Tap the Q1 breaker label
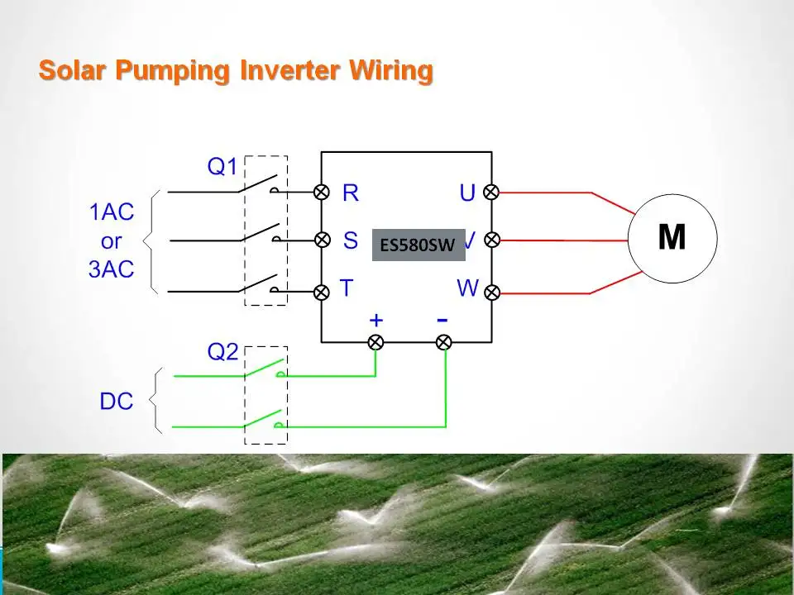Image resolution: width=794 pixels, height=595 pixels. [222, 167]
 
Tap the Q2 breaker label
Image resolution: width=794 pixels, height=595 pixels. [222, 353]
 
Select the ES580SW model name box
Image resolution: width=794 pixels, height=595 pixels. [419, 245]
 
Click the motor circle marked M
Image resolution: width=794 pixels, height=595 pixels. [672, 239]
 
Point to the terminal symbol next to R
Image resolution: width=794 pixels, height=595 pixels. [322, 192]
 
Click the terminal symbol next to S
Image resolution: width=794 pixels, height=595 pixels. [322, 240]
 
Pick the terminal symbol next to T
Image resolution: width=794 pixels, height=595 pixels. [322, 292]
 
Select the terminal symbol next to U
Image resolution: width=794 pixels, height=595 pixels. [491, 192]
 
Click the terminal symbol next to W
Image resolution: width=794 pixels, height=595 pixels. [491, 292]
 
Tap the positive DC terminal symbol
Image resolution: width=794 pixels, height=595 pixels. [375, 341]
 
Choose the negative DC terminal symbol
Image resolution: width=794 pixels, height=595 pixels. [444, 341]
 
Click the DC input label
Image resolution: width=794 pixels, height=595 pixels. [117, 402]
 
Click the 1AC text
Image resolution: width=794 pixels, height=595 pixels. [111, 212]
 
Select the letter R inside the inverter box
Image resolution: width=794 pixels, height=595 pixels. [351, 193]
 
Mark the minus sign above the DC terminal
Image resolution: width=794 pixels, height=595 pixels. [442, 319]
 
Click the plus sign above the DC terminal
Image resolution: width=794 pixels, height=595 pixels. [376, 320]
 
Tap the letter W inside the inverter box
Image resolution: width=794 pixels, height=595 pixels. [468, 288]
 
